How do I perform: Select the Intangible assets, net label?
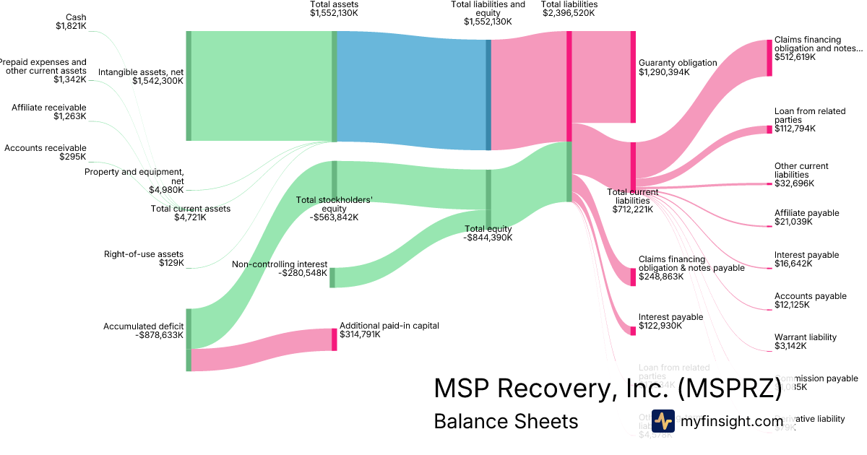pyautogui.click(x=141, y=77)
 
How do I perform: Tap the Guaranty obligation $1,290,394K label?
pyautogui.click(x=678, y=67)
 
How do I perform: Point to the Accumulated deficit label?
pyautogui.click(x=143, y=331)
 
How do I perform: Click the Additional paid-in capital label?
pyautogui.click(x=389, y=330)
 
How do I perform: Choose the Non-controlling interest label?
pyautogui.click(x=280, y=269)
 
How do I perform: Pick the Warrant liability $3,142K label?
pyautogui.click(x=806, y=342)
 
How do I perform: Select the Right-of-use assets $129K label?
pyautogui.click(x=144, y=259)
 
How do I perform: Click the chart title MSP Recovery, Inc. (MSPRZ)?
pyautogui.click(x=607, y=388)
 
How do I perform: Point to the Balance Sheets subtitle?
pyautogui.click(x=506, y=421)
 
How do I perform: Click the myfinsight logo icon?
pyautogui.click(x=663, y=421)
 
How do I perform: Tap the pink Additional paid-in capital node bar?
pyautogui.click(x=335, y=339)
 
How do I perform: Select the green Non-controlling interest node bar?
pyautogui.click(x=332, y=277)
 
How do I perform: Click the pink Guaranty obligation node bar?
pyautogui.click(x=633, y=77)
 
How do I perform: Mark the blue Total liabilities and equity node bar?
pyautogui.click(x=488, y=95)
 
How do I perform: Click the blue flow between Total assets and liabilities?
pyautogui.click(x=412, y=90)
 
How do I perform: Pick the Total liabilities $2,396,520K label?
pyautogui.click(x=569, y=9)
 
